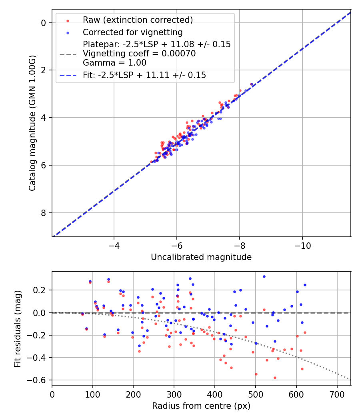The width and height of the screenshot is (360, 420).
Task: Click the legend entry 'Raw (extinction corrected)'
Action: click(138, 20)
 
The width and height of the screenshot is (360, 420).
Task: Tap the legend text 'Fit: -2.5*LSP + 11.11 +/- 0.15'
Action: click(144, 75)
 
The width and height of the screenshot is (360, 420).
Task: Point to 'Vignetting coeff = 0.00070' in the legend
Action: click(139, 54)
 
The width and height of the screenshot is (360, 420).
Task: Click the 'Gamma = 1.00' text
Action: click(114, 63)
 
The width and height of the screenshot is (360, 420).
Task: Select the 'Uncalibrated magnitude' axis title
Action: click(201, 257)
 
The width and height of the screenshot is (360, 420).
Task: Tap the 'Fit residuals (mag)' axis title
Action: click(17, 328)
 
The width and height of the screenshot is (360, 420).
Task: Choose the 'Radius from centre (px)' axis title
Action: click(201, 406)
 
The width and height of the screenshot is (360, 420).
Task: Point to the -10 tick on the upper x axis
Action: click(302, 244)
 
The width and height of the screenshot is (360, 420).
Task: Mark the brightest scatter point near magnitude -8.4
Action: click(251, 84)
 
